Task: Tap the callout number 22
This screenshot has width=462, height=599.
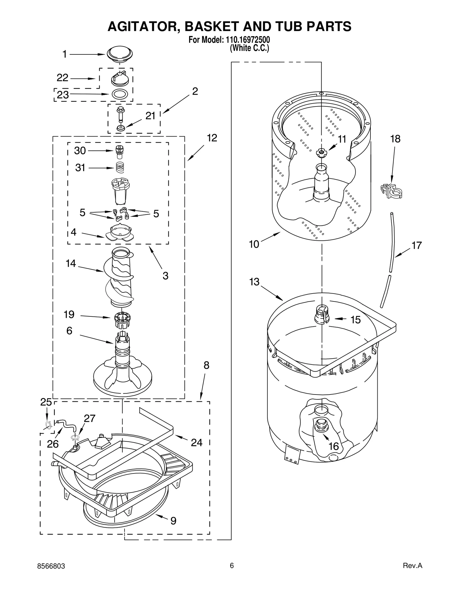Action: click(x=62, y=78)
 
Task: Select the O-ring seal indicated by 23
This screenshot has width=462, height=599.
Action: click(x=120, y=94)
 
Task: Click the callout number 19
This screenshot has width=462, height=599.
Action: click(x=69, y=314)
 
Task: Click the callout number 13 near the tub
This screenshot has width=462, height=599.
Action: click(x=254, y=282)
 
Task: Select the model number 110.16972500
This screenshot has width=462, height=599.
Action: click(x=246, y=40)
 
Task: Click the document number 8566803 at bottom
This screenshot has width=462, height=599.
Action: click(x=51, y=574)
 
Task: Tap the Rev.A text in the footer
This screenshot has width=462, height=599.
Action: click(x=412, y=574)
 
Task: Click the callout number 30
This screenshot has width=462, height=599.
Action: click(x=80, y=150)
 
